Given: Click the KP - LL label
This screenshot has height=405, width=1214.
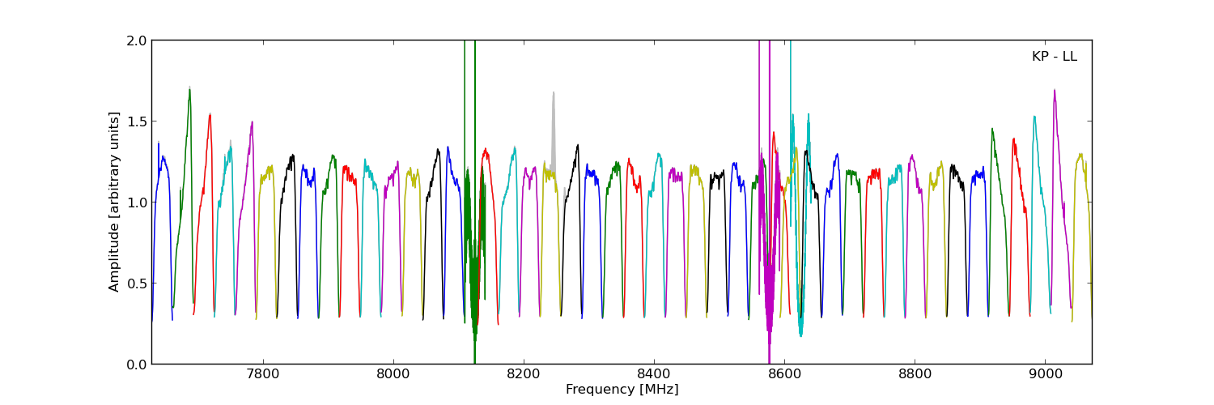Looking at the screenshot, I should (1054, 57).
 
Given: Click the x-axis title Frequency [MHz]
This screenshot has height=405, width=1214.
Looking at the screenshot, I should (622, 390).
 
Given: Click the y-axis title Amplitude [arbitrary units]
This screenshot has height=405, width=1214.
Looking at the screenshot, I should (114, 202).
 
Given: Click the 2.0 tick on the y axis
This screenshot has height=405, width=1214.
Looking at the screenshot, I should (138, 40).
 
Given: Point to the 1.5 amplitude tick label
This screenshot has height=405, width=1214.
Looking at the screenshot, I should (138, 122).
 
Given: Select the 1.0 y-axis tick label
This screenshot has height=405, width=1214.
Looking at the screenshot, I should (138, 202).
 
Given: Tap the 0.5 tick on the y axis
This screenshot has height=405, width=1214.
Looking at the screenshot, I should (138, 283).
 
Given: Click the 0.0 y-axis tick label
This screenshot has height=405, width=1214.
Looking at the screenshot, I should (138, 364).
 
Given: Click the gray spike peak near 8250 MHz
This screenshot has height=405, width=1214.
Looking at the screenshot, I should (554, 92).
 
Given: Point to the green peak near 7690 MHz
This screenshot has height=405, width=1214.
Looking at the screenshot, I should (189, 88).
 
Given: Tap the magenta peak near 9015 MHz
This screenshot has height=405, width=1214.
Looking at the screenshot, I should (1054, 91).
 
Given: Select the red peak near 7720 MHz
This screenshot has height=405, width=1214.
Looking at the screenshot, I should (210, 115).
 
